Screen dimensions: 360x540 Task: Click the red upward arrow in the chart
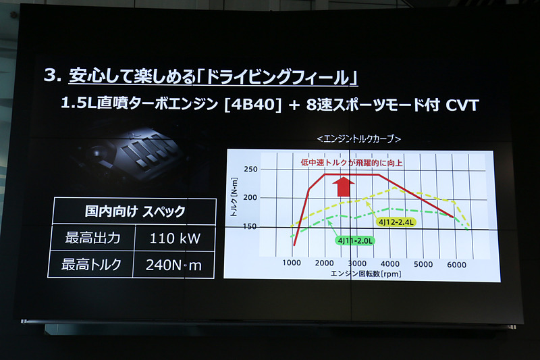point(344,185)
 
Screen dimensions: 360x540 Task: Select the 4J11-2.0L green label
point(356,239)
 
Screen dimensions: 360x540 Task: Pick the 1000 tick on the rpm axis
point(292,263)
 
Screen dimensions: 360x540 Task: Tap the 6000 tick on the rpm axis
point(456,263)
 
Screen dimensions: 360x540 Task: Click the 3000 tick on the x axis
point(358,263)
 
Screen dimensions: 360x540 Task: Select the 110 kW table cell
point(175,238)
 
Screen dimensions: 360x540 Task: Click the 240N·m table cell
point(174,265)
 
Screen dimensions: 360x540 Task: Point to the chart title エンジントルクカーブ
point(359,138)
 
